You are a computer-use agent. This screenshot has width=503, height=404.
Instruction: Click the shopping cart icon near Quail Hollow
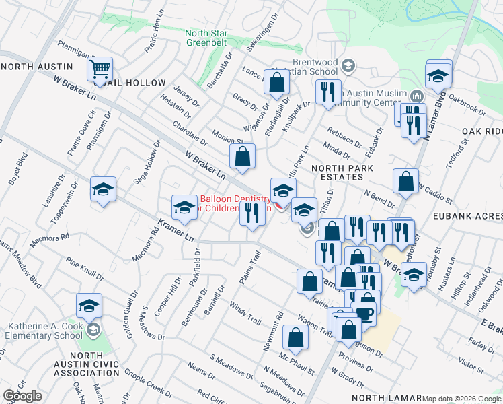pos(100,69)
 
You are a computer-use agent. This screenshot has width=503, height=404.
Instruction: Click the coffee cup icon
pos(364,313)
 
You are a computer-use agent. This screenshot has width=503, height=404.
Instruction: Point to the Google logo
pos(22,396)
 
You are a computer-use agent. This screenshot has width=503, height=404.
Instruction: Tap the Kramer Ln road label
pos(175,230)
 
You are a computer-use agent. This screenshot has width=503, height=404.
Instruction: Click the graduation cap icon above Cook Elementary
pos(89,306)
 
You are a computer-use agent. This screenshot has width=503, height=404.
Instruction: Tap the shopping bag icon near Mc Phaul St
pos(295,337)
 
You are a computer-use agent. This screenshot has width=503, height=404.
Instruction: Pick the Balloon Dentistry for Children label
pos(235,203)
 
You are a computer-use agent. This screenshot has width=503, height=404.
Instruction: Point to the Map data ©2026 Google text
pos(461,399)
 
